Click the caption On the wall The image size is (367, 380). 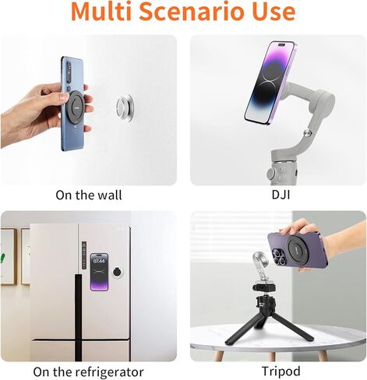pos(88,195)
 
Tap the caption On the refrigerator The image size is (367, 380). pos(88,371)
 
